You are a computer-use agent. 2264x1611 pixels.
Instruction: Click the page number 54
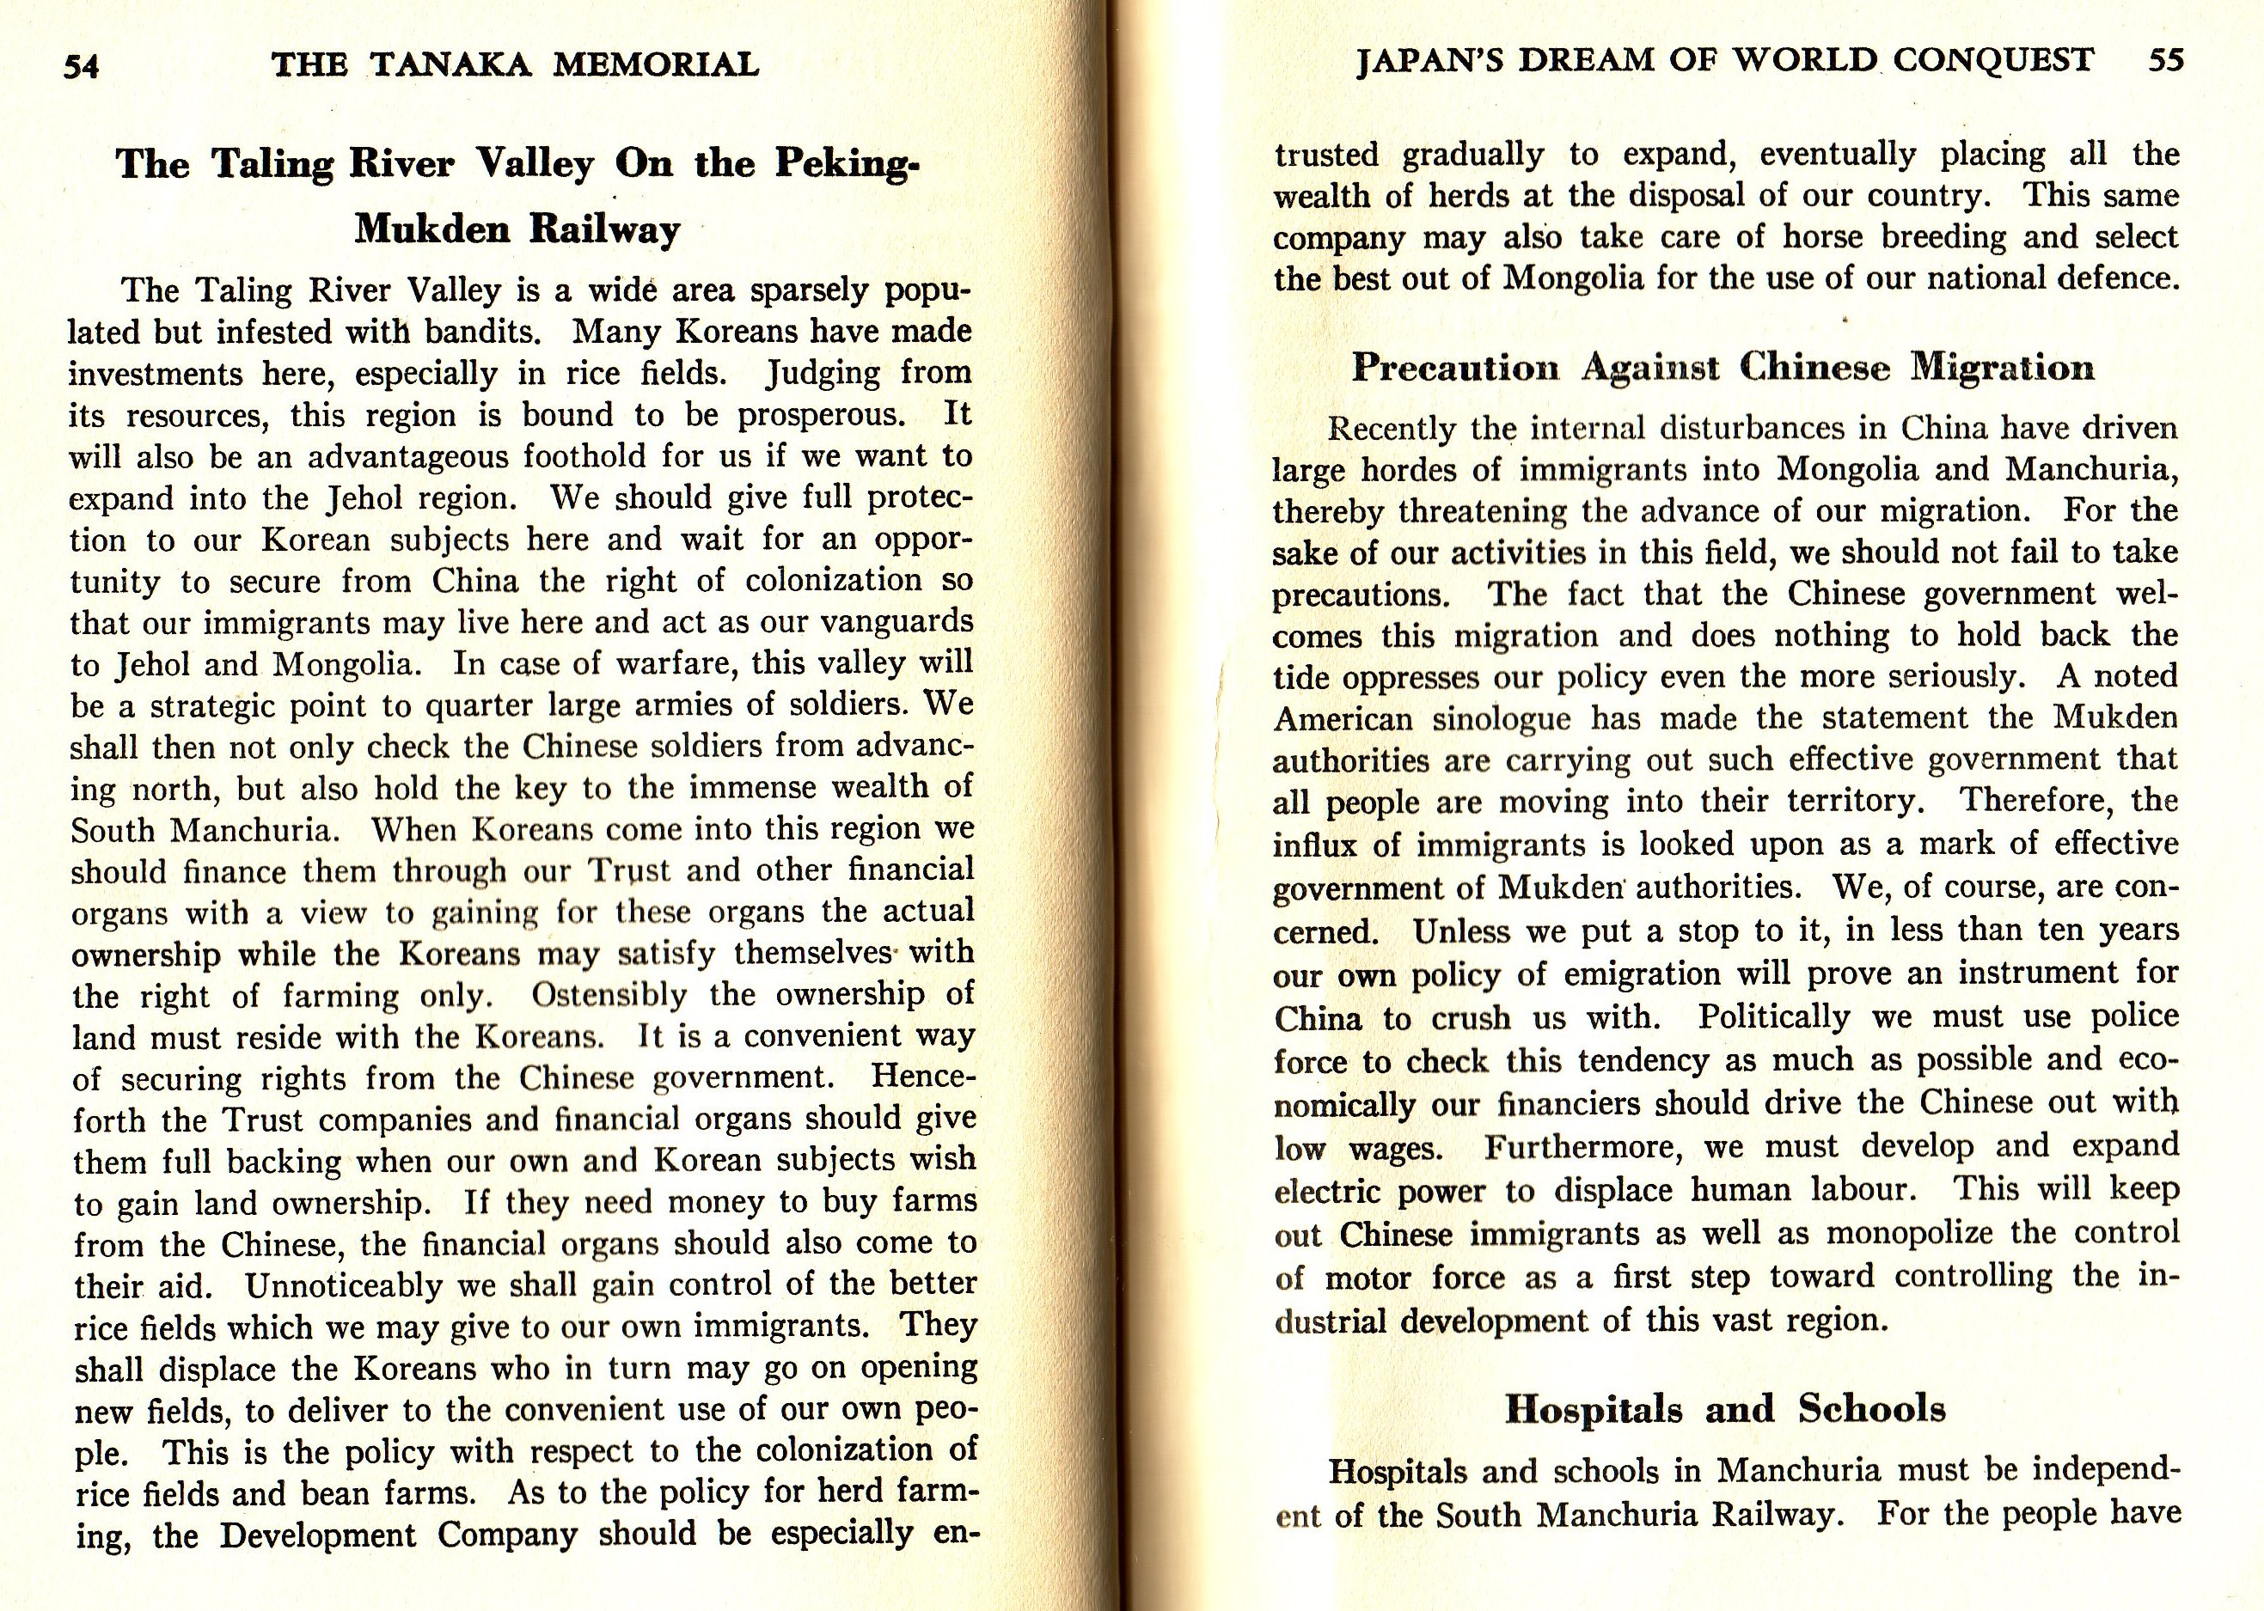point(82,66)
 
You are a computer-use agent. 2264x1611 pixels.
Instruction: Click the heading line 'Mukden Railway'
point(517,229)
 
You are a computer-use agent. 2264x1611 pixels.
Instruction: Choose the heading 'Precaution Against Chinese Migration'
point(1723,368)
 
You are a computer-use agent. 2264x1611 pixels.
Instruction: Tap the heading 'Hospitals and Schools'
point(1724,1410)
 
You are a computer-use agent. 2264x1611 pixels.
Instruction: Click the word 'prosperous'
point(821,416)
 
